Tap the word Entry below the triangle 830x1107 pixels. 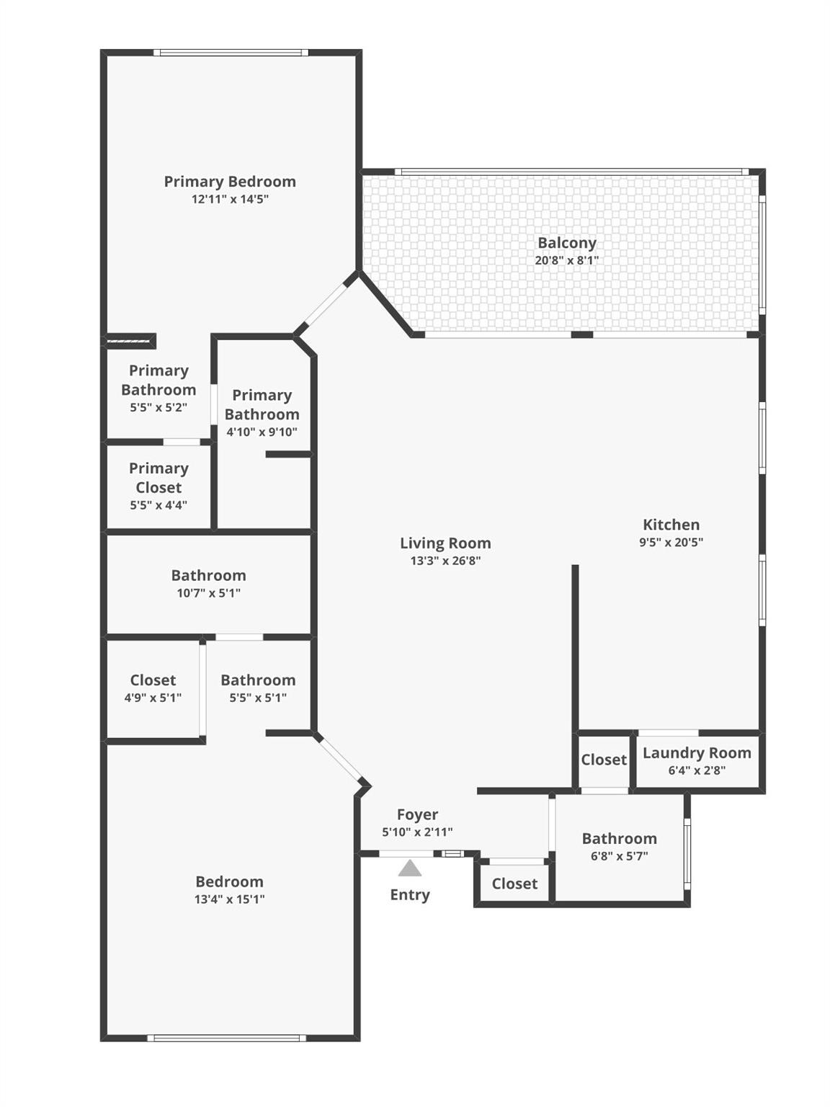point(409,894)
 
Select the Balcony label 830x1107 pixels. point(566,243)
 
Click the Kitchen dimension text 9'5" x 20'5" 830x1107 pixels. point(671,543)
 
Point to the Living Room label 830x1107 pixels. point(445,543)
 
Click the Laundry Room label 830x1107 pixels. point(696,753)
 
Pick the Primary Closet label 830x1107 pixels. point(159,478)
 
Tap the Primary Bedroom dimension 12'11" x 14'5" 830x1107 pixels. point(230,199)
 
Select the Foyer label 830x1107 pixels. point(417,814)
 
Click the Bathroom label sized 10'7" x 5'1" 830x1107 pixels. point(208,575)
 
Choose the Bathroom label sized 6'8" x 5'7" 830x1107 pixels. point(619,838)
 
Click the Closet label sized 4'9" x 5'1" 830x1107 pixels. point(153,680)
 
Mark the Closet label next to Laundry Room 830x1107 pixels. point(604,760)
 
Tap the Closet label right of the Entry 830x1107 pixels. point(514,884)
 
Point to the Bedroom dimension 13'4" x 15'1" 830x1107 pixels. point(229,899)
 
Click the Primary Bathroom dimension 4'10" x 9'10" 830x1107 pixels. point(262,432)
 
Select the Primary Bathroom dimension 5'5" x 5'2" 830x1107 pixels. point(159,408)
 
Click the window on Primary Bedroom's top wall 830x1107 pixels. point(231,53)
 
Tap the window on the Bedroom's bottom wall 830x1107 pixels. point(226,1038)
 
